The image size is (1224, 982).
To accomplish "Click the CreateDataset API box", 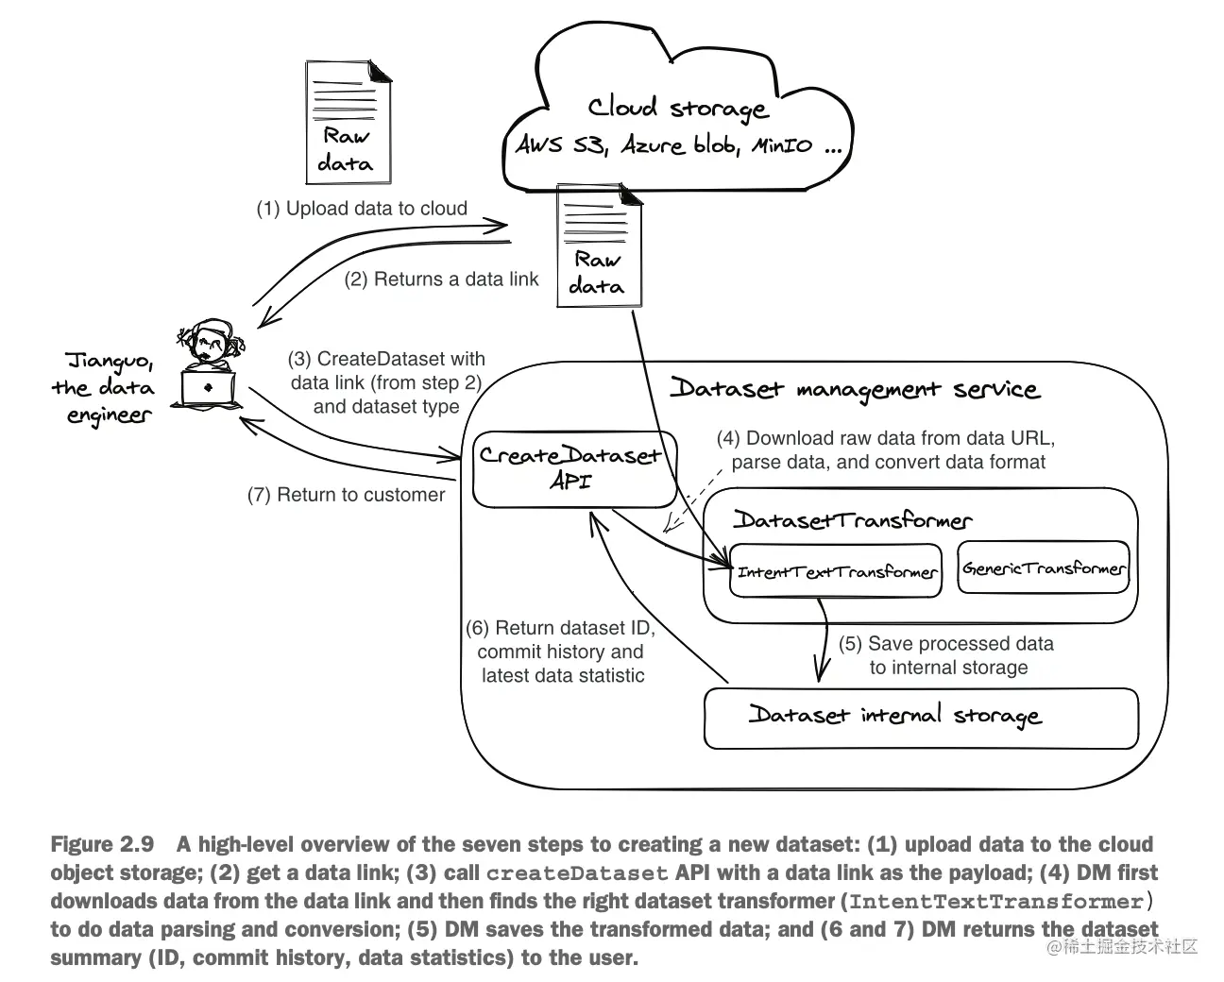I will pos(573,468).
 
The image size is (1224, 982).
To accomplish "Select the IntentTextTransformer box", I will pos(836,571).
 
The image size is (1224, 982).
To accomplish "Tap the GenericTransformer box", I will pos(1044,568).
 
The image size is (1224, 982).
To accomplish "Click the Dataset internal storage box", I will pos(921,718).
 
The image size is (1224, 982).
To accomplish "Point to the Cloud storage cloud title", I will pos(677,108).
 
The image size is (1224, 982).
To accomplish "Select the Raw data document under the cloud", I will pos(598,245).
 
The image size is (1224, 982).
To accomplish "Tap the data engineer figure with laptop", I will pos(209,367).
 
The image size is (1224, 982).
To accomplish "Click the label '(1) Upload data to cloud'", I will pos(362,209).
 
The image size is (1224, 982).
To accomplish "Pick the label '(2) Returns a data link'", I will pos(441,279).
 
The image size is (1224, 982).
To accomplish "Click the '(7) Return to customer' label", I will pos(346,495).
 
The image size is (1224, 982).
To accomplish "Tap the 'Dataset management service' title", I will pos(855,389).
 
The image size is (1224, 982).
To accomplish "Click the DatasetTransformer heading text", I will pos(852,520).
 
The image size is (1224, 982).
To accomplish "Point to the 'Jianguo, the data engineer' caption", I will pos(106,387).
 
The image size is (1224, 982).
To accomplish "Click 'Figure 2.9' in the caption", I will pos(102,844).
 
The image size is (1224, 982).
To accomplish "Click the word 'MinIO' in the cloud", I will pos(781,146).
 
